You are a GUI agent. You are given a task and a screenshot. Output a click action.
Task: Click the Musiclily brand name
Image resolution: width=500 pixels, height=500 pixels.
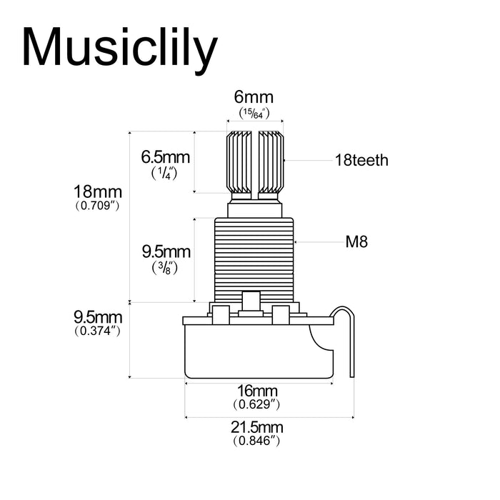coord(120,49)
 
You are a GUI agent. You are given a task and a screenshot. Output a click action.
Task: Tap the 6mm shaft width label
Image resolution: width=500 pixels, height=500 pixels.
coord(254,97)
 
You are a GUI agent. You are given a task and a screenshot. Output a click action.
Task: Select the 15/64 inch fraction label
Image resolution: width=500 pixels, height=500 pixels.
coord(254,114)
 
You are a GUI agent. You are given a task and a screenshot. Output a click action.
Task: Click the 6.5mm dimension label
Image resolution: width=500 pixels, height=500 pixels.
coord(166,157)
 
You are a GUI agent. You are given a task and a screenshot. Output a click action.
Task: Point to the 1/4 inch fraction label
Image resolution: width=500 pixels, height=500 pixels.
coord(164,173)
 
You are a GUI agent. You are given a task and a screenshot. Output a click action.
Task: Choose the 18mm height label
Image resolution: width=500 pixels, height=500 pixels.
coord(98,192)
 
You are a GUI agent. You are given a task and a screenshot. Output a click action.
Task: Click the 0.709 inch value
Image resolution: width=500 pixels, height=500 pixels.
coord(98,206)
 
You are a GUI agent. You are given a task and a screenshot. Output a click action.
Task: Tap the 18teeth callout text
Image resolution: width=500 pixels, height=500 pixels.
coord(361,160)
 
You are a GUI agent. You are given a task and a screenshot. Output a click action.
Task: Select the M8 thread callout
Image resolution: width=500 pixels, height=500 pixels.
coord(356,241)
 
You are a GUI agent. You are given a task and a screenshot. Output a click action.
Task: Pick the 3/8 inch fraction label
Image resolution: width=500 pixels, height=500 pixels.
coord(165,268)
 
